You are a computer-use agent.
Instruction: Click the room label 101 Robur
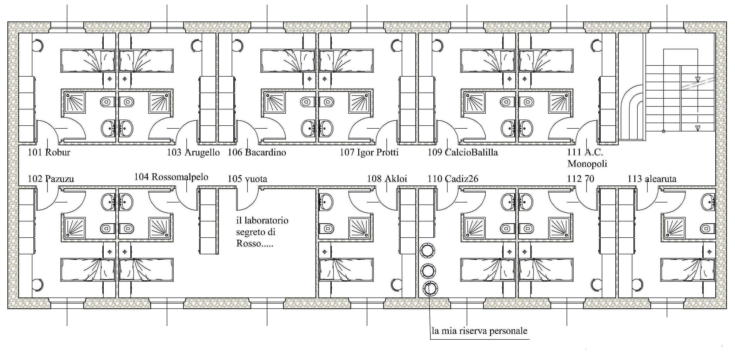(x=49, y=152)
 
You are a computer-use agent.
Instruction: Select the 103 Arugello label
(x=193, y=152)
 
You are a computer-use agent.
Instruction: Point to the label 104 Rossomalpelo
(x=171, y=177)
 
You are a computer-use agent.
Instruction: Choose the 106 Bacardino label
(x=257, y=152)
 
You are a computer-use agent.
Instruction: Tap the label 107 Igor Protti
(x=369, y=152)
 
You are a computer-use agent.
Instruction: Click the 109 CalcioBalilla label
(x=463, y=152)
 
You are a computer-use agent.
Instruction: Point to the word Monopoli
(x=587, y=164)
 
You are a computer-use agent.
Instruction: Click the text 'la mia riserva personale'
(x=479, y=331)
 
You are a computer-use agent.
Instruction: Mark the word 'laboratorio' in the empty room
(x=262, y=220)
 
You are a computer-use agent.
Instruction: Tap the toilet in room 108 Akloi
(x=326, y=228)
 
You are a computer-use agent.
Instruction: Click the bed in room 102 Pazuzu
(x=88, y=270)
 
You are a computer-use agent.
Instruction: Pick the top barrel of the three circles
(x=427, y=251)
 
